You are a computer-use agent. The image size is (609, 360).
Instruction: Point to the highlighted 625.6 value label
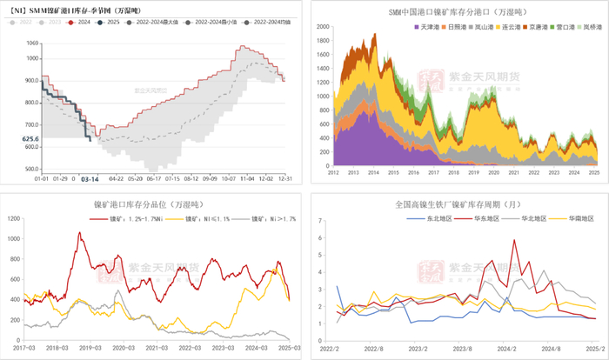[30, 138]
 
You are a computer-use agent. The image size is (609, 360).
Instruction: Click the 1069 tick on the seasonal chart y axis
[32, 43]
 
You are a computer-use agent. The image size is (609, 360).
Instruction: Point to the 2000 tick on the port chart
[320, 27]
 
